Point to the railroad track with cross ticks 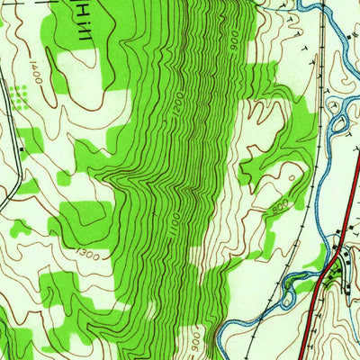coord(319,180)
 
